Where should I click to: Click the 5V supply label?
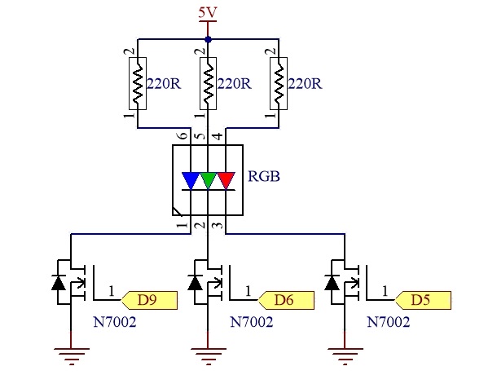coord(208,13)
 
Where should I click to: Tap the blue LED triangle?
coord(191,180)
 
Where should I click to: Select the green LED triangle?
coord(208,180)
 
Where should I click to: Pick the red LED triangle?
coord(226,180)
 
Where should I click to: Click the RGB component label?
coord(264,176)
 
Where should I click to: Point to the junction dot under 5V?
coord(208,40)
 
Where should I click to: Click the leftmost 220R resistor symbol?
coord(138,83)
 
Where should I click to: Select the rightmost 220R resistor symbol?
coord(279,83)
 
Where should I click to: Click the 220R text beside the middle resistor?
coord(234,84)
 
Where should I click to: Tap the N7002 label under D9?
coord(115,322)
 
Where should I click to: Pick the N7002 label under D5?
coord(389,322)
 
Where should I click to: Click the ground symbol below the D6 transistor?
coord(208,356)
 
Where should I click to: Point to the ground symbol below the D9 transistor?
coord(71,356)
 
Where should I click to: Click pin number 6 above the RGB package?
coord(183,136)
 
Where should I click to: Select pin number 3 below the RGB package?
coord(218,226)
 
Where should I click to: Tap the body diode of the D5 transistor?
coord(332,283)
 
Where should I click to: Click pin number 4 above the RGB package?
coord(218,136)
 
